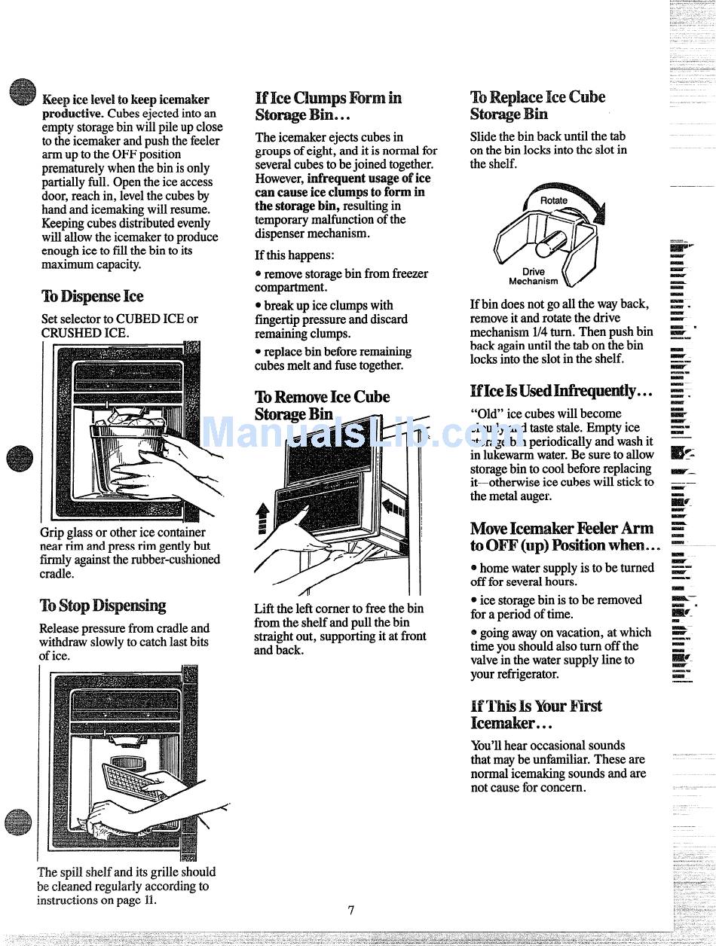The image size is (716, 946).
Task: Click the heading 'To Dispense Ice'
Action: pyautogui.click(x=91, y=296)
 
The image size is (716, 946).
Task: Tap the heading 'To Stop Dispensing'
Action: pyautogui.click(x=103, y=606)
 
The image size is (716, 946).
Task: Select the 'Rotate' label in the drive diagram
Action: pyautogui.click(x=554, y=200)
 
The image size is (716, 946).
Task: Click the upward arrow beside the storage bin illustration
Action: pyautogui.click(x=262, y=517)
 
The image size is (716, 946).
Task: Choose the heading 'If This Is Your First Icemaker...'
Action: pyautogui.click(x=536, y=714)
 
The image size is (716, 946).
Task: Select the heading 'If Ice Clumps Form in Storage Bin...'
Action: pyautogui.click(x=328, y=106)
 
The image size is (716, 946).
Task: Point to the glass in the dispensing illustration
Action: pyautogui.click(x=128, y=450)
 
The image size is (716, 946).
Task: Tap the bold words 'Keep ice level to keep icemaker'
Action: pyautogui.click(x=126, y=99)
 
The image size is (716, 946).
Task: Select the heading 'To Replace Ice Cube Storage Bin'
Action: pyautogui.click(x=537, y=105)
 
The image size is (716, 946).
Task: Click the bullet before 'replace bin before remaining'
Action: pyautogui.click(x=258, y=352)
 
